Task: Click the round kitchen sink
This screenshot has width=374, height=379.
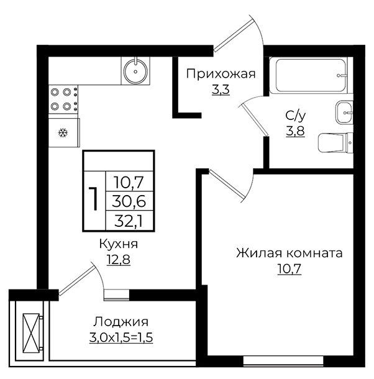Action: pyautogui.click(x=135, y=71)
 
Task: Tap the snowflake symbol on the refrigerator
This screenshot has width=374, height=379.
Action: pyautogui.click(x=63, y=133)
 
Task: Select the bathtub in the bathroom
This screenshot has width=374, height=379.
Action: pyautogui.click(x=309, y=75)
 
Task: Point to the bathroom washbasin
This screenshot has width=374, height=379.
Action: pyautogui.click(x=344, y=113)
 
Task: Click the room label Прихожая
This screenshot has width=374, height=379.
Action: pyautogui.click(x=221, y=74)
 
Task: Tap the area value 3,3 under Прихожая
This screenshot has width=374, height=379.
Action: pyautogui.click(x=221, y=90)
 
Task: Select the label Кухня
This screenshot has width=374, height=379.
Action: pyautogui.click(x=119, y=244)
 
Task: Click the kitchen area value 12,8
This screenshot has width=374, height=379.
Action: pyautogui.click(x=119, y=260)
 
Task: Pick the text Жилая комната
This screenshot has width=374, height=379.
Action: pyautogui.click(x=290, y=253)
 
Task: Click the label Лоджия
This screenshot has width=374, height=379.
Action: pyautogui.click(x=121, y=322)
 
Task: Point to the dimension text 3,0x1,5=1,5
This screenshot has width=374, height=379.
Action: pyautogui.click(x=121, y=337)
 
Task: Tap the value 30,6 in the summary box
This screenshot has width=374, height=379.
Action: pyautogui.click(x=129, y=201)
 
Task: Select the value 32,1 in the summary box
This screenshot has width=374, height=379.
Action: pyautogui.click(x=129, y=221)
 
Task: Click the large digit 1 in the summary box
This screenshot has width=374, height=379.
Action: pyautogui.click(x=94, y=199)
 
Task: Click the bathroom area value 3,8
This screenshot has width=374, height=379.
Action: pyautogui.click(x=295, y=131)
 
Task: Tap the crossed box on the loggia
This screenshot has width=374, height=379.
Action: pyautogui.click(x=31, y=332)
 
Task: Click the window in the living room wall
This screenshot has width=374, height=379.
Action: pyautogui.click(x=283, y=360)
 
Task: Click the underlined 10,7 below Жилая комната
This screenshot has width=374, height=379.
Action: pyautogui.click(x=290, y=269)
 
